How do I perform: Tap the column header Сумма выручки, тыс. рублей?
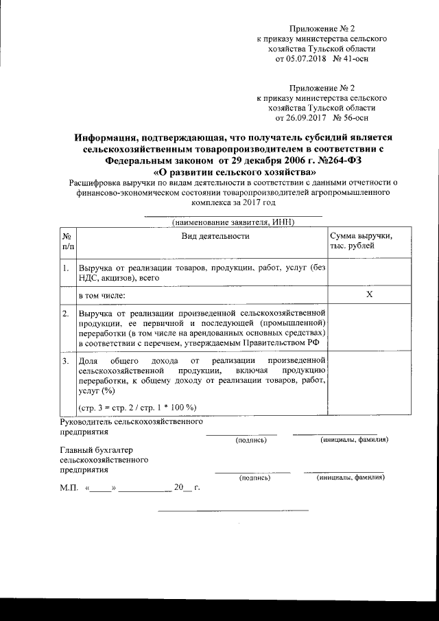361,241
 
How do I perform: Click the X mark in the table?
368,294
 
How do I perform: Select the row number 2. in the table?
65,314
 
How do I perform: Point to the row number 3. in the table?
65,360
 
